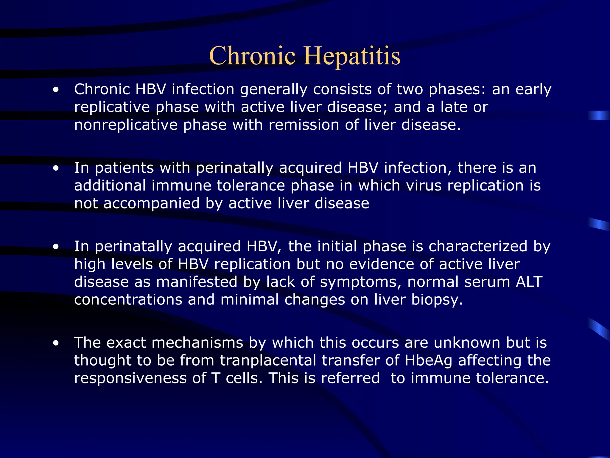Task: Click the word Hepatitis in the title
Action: pos(352,56)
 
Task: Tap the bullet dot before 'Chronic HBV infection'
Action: pos(56,89)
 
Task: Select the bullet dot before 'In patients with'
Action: pos(56,168)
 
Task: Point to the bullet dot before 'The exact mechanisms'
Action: pos(56,343)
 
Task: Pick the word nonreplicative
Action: pos(126,125)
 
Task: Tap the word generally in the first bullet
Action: pos(273,90)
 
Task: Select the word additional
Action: pos(110,185)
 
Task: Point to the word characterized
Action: pos(478,247)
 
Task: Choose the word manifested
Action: pos(197,282)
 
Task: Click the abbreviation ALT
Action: pos(529,282)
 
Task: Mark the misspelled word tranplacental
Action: pos(268,360)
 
